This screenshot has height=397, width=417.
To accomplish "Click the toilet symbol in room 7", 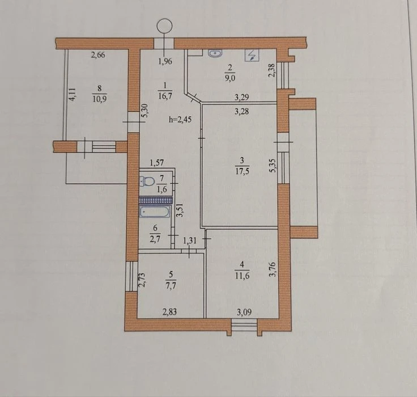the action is tap(147, 181).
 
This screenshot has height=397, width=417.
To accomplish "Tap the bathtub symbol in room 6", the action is tap(154, 212).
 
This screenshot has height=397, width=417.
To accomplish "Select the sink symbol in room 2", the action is tap(215, 53).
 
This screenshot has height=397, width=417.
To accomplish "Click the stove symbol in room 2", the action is tap(252, 55).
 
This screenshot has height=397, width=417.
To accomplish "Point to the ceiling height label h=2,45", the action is tap(180, 119).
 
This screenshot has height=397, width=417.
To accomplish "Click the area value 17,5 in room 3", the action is tap(242, 171).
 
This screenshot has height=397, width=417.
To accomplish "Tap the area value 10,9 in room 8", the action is tap(100, 99).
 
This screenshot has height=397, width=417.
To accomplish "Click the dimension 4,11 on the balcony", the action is tap(73, 94).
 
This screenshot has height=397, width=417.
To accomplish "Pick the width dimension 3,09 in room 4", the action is tap(244, 312).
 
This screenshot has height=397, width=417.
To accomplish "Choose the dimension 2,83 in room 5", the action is tap(169, 311).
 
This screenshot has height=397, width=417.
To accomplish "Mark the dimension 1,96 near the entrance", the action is tap(165, 61).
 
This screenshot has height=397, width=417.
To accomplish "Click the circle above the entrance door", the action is tap(165, 26).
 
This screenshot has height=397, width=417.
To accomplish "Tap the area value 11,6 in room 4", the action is tap(242, 276).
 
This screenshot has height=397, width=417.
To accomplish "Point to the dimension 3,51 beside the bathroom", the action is tap(180, 210).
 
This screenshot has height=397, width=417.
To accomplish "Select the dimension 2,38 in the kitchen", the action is tap(271, 70).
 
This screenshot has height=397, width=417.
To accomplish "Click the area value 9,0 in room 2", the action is tap(230, 78).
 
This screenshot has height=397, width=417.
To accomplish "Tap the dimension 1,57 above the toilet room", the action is tap(156, 162).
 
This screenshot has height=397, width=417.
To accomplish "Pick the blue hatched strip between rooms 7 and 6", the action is tap(156, 200).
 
